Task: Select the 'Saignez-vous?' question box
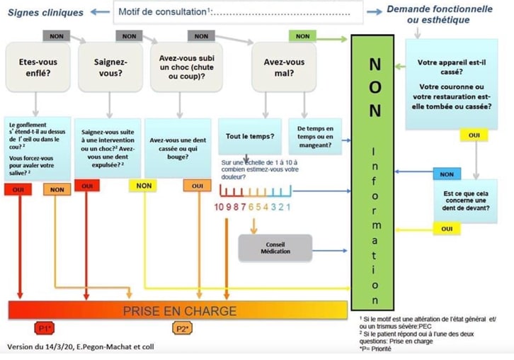coord(110,67)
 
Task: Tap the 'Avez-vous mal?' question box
coord(284,67)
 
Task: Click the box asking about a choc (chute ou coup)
coord(188,67)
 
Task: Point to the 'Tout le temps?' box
coord(249,136)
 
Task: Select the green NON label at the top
coord(302,35)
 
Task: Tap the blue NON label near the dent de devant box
coord(446,174)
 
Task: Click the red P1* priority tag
coord(44,329)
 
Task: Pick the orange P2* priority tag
coord(183,329)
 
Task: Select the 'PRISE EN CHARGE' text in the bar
coord(180,311)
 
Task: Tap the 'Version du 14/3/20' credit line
coord(79,347)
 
